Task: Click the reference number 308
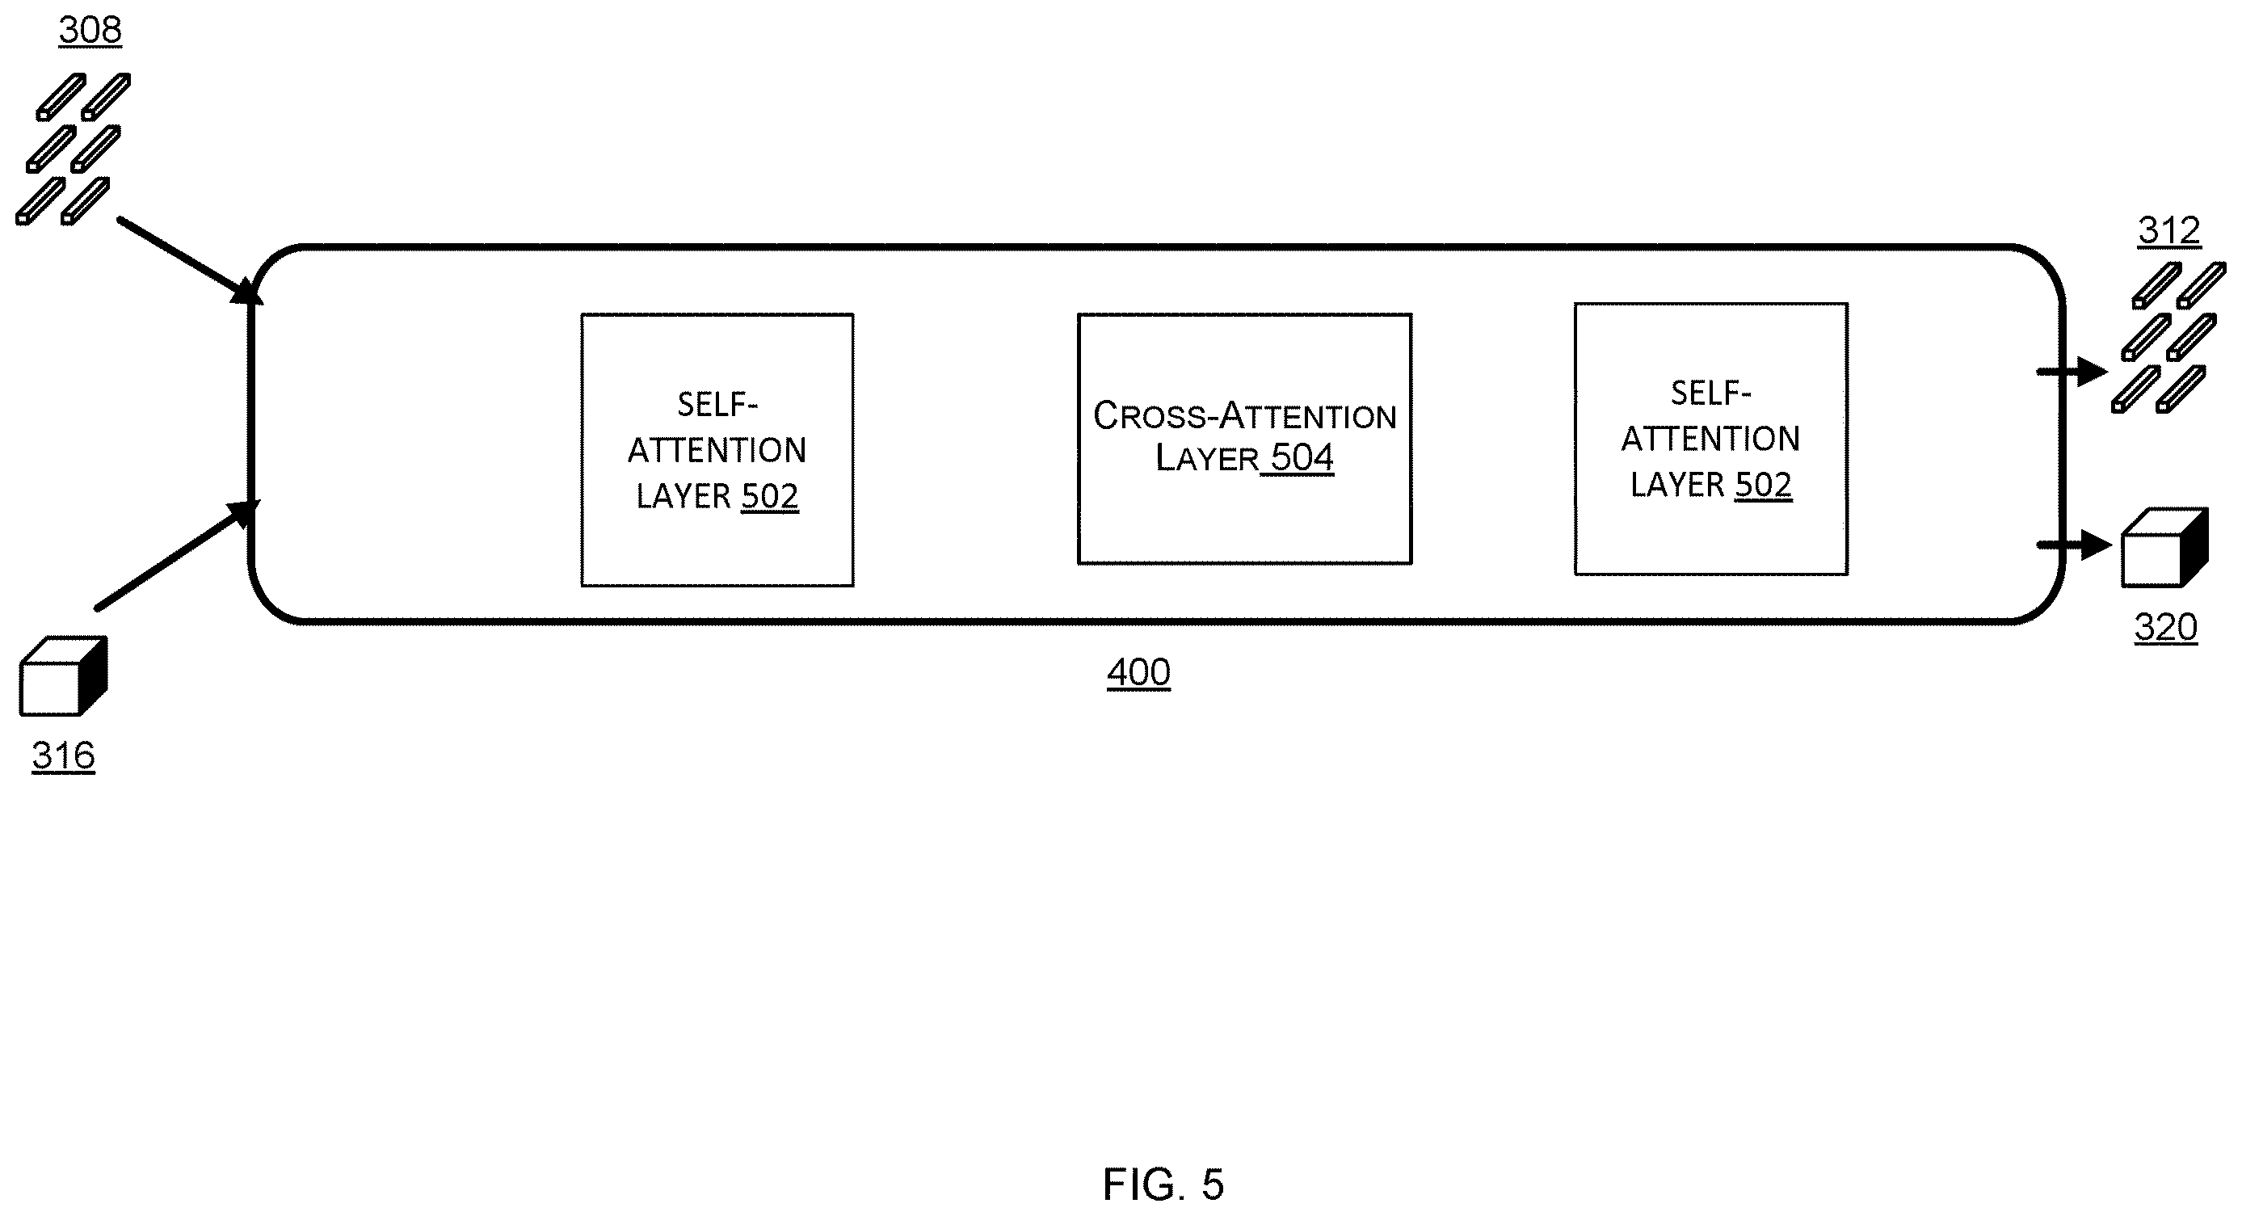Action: click(x=90, y=31)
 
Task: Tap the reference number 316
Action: click(x=64, y=755)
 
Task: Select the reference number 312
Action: click(x=2169, y=230)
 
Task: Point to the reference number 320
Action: click(x=2165, y=627)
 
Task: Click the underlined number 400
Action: click(x=1138, y=672)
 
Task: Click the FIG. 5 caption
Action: click(x=1163, y=1184)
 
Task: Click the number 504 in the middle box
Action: click(x=1302, y=458)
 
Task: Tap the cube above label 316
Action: click(x=64, y=676)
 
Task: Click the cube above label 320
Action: click(x=2165, y=548)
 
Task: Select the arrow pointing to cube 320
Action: click(x=2074, y=545)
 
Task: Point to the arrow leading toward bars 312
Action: click(x=2072, y=372)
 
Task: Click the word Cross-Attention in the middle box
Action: click(x=1244, y=415)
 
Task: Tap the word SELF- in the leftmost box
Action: click(x=718, y=405)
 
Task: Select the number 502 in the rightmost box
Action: click(x=1764, y=485)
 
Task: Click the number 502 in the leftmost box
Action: click(x=769, y=496)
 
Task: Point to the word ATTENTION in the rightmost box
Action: click(x=1710, y=439)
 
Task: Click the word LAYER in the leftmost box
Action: click(x=684, y=496)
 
